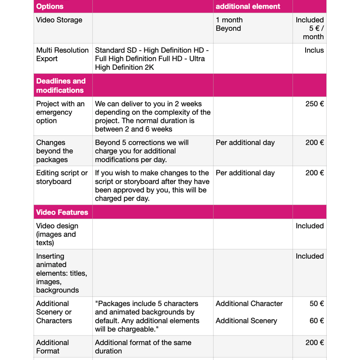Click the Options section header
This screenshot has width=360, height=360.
click(x=50, y=7)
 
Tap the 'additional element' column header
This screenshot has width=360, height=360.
click(x=247, y=7)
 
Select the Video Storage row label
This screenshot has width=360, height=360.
click(x=59, y=20)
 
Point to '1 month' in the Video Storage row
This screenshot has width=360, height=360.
click(x=229, y=20)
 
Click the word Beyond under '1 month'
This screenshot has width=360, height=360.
click(x=228, y=29)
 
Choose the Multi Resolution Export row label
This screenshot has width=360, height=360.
click(x=62, y=54)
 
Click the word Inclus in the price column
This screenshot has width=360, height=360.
click(x=314, y=50)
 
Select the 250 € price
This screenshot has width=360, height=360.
click(x=315, y=104)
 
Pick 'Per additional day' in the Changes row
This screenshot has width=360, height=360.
click(x=245, y=142)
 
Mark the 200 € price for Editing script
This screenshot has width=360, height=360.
click(x=315, y=173)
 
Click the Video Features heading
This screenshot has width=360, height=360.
click(x=62, y=212)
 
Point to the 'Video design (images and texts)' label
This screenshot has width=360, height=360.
click(x=57, y=234)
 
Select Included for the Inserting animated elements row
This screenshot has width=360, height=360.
click(x=309, y=256)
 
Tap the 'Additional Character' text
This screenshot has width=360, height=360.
click(x=249, y=304)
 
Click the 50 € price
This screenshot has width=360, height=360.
click(x=317, y=304)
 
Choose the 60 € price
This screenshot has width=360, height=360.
click(x=317, y=321)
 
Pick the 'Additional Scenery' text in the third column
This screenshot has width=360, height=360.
click(x=245, y=321)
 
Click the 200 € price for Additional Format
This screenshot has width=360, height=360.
click(x=315, y=343)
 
